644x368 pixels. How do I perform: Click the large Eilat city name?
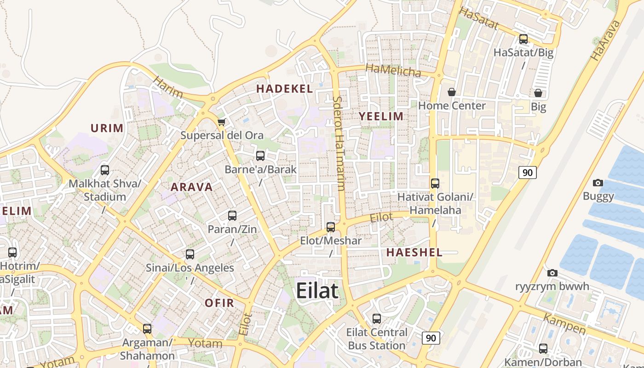pos(317,291)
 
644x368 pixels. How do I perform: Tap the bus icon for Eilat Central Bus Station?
pos(377,318)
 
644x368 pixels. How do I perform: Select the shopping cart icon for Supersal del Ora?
pos(222,122)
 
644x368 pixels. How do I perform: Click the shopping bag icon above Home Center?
pos(452,92)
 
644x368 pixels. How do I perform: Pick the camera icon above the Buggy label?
pos(598,183)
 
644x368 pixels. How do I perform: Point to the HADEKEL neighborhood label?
pos(284,89)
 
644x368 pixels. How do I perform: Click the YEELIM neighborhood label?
pos(381,116)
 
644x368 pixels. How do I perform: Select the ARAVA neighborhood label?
pos(192,187)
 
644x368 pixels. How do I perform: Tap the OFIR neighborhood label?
pos(219,303)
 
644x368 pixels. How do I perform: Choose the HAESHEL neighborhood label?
pos(414,252)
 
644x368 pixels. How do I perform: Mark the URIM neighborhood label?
pos(107,128)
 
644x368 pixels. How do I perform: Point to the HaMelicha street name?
pos(393,70)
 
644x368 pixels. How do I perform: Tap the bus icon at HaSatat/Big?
pos(523,39)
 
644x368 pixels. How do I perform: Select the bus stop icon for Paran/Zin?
pos(232,215)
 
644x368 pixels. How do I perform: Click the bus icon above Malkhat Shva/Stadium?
pos(105,170)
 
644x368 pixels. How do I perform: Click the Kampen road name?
pos(564,324)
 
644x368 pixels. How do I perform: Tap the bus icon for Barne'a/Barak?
pos(260,156)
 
